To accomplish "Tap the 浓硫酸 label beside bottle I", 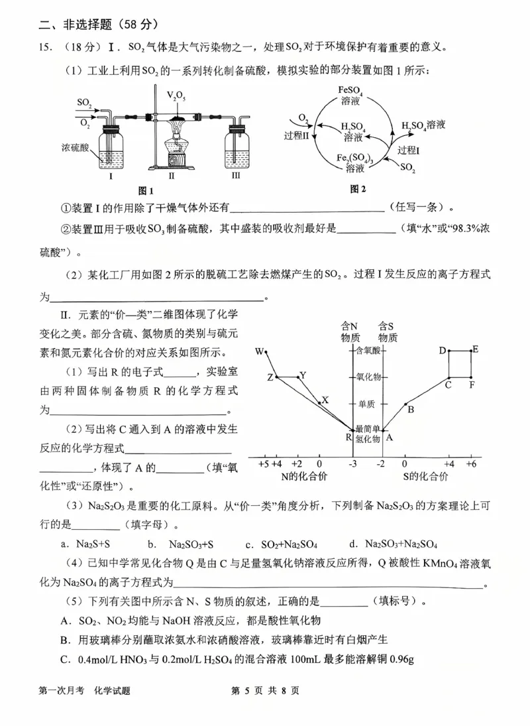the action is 74,145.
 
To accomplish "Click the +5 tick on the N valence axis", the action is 262,463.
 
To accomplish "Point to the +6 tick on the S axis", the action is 471,463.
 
